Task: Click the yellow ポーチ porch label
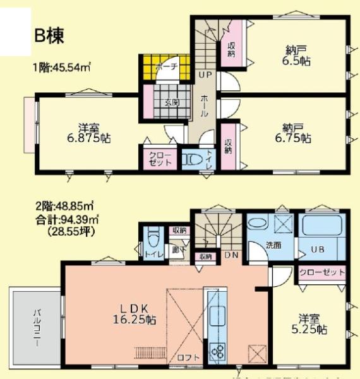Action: click(x=165, y=66)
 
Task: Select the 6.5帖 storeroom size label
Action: click(x=295, y=63)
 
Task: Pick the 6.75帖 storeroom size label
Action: click(x=293, y=138)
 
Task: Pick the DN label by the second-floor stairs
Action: click(x=230, y=255)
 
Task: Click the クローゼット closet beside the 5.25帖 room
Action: click(x=322, y=272)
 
